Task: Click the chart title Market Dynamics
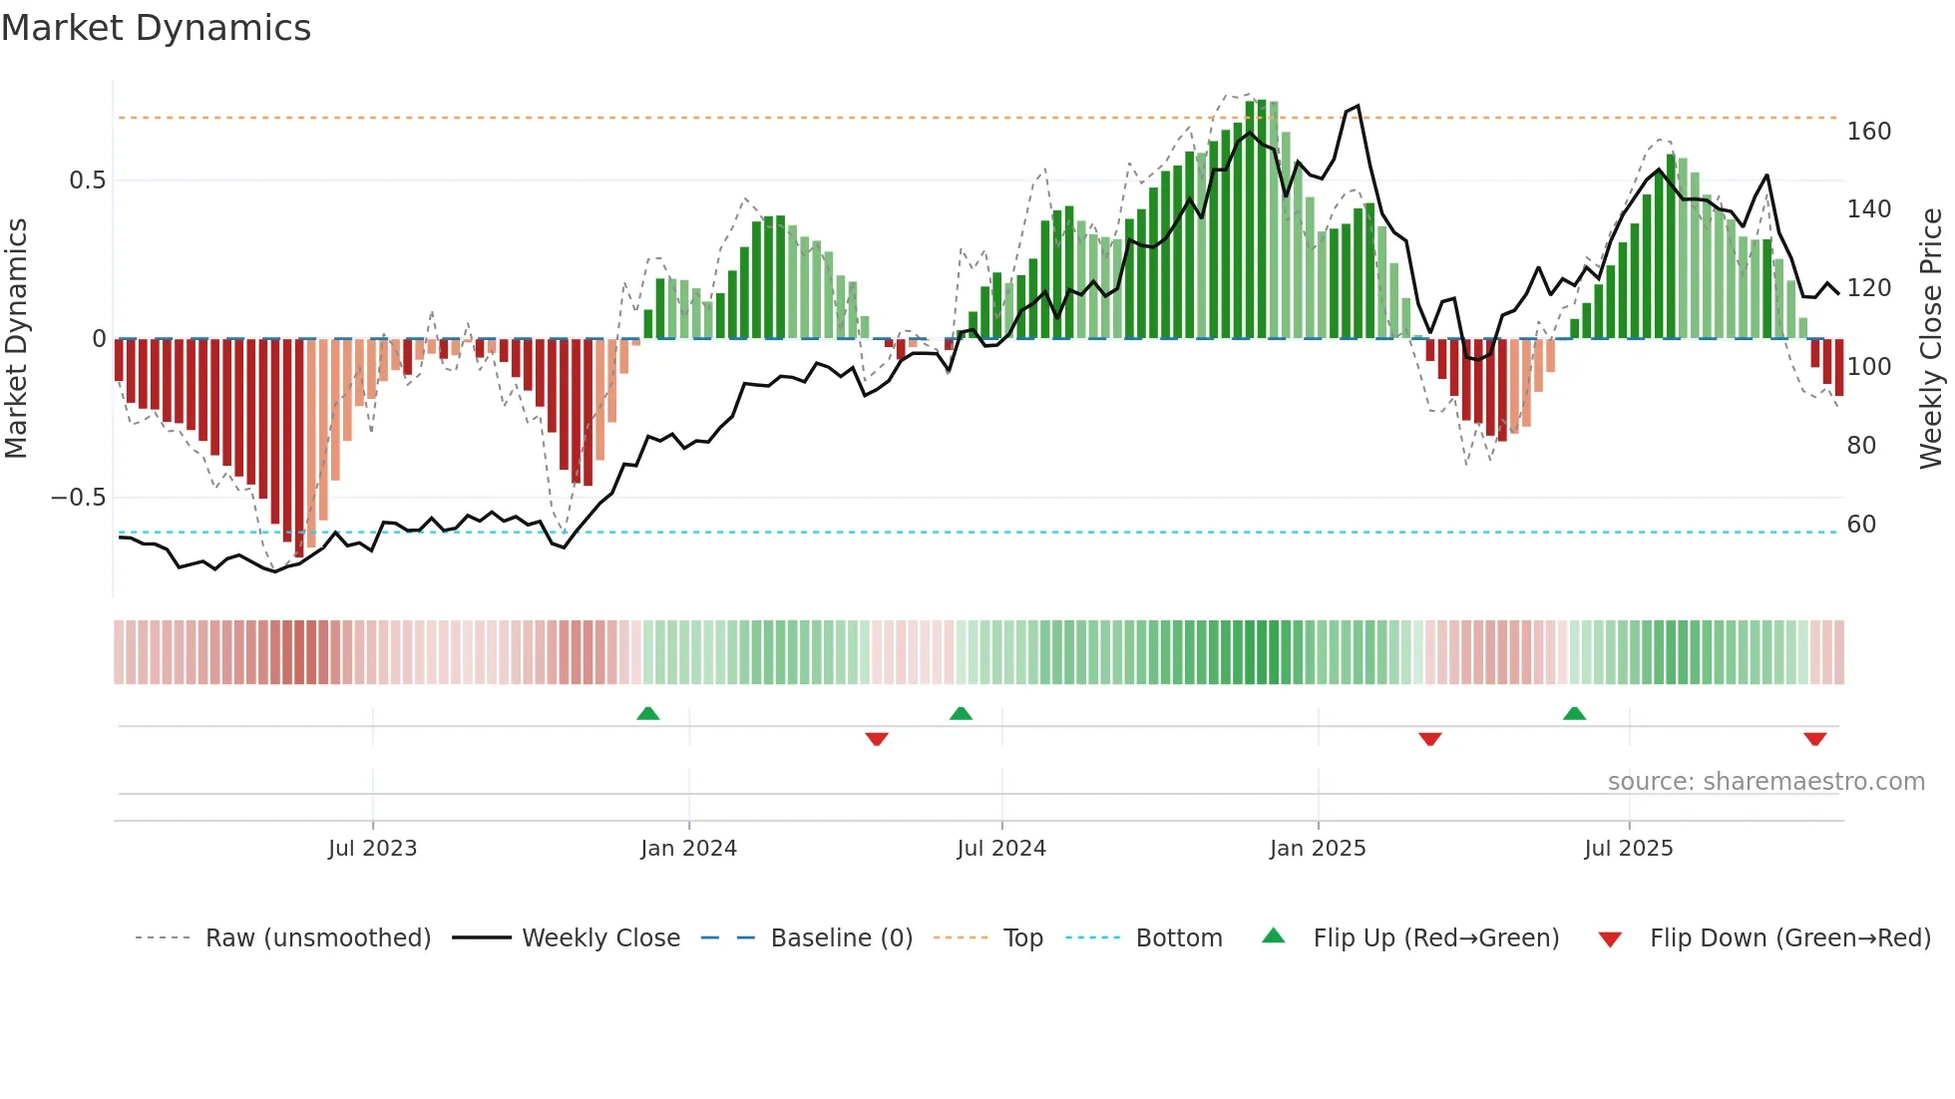pos(156,28)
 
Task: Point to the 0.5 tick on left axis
pos(87,181)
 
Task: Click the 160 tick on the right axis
pos(1868,132)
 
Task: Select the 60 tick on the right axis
pos(1861,525)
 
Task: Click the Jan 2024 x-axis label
pos(688,849)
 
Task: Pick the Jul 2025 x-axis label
pos(1628,849)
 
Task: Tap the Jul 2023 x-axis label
pos(372,849)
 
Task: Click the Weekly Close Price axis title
pos(1931,338)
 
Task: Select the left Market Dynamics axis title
pos(16,338)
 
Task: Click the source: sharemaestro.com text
pos(1765,782)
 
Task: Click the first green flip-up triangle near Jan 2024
pos(648,713)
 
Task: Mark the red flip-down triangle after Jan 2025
pos(1429,739)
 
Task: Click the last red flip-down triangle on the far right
pos(1814,739)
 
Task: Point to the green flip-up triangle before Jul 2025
pos(1574,713)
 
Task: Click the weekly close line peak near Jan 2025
pos(1357,106)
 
